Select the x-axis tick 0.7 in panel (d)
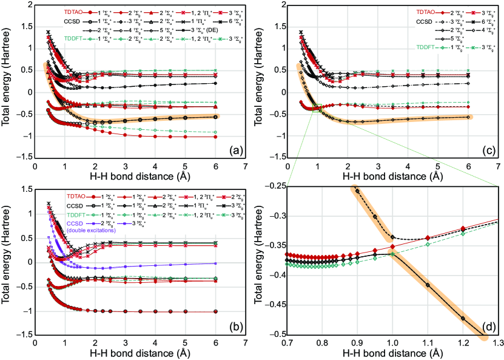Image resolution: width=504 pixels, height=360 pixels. coord(287,344)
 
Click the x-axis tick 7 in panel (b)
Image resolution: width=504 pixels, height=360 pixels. coord(245,344)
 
